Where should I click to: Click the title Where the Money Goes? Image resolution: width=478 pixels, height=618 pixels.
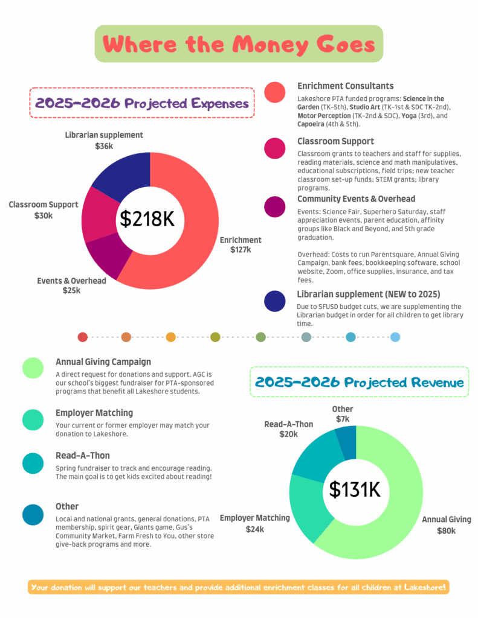pos(239,44)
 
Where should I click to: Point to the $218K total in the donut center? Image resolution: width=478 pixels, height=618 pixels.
pos(147,219)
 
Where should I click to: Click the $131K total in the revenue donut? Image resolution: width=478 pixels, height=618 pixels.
pos(355,489)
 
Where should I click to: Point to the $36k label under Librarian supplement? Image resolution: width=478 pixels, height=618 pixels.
pos(104,145)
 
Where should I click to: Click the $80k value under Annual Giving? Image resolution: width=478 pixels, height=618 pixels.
pos(446,530)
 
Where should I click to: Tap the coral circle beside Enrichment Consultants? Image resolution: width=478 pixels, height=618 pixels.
pos(275,92)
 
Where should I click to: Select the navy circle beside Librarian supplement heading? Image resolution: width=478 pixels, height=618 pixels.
pos(275,301)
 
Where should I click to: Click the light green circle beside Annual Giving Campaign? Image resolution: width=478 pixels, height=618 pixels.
pos(33,368)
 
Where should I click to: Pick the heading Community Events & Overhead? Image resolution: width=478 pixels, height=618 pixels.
pos(356,199)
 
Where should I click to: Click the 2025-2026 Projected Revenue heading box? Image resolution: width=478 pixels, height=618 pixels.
pos(360,382)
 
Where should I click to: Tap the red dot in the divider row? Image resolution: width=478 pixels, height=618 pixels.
pos(83,337)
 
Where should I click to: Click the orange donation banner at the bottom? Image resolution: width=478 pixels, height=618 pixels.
pos(239,587)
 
